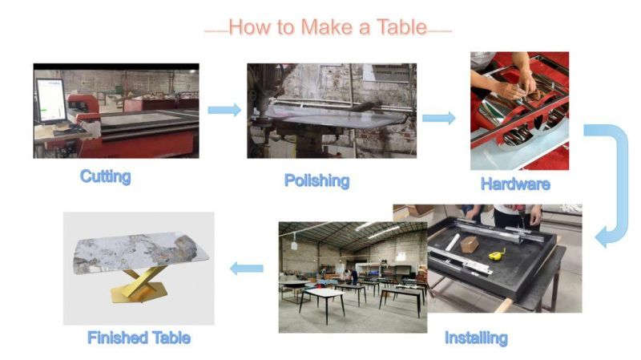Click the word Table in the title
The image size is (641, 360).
tap(401, 27)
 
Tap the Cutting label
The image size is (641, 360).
tap(106, 176)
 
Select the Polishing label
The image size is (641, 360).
tap(316, 181)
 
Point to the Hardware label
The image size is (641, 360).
tap(515, 184)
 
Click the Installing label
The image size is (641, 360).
tap(476, 338)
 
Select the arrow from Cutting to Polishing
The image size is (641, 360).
tap(224, 110)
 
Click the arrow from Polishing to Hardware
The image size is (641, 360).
tap(439, 118)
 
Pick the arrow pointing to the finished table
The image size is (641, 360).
tap(247, 269)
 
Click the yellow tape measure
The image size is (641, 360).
tap(497, 255)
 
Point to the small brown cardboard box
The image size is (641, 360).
tap(470, 245)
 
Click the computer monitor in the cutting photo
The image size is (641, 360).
tap(50, 101)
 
